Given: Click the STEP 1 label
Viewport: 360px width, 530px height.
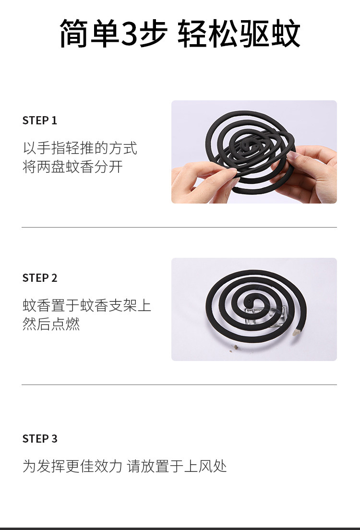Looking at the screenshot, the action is tap(39, 120).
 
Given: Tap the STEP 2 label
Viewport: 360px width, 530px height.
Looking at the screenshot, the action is tap(39, 278).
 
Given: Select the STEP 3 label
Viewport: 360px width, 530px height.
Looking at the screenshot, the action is tap(39, 439).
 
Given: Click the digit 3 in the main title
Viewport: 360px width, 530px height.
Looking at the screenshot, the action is tap(129, 34).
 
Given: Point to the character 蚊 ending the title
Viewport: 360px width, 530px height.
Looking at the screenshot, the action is tap(286, 33).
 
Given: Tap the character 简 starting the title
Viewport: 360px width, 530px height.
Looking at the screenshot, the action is tap(74, 33).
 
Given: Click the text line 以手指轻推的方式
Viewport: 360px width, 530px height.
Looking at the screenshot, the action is tap(80, 148).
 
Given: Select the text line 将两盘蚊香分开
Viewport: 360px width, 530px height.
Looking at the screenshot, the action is tap(72, 167).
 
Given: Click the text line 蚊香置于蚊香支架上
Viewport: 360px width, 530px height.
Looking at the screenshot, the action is tap(86, 305).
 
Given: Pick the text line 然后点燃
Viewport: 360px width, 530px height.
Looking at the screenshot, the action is tap(51, 324).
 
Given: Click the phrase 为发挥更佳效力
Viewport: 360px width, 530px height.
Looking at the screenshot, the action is tap(72, 466).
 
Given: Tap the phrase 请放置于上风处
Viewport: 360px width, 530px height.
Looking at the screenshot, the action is tap(177, 466).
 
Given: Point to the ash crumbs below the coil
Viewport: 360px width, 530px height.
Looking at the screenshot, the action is tap(234, 348).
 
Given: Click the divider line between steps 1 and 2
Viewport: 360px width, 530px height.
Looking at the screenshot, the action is tap(179, 228).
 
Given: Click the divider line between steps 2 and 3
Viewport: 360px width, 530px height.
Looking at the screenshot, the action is tap(179, 385).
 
